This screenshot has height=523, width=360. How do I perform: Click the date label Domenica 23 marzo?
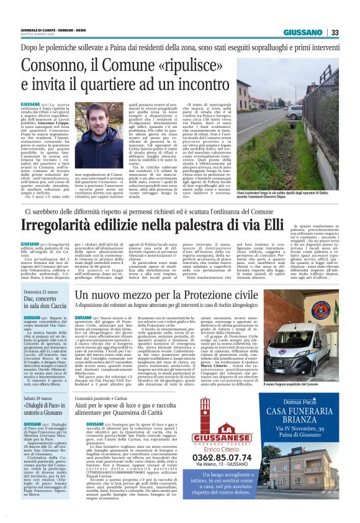40,292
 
